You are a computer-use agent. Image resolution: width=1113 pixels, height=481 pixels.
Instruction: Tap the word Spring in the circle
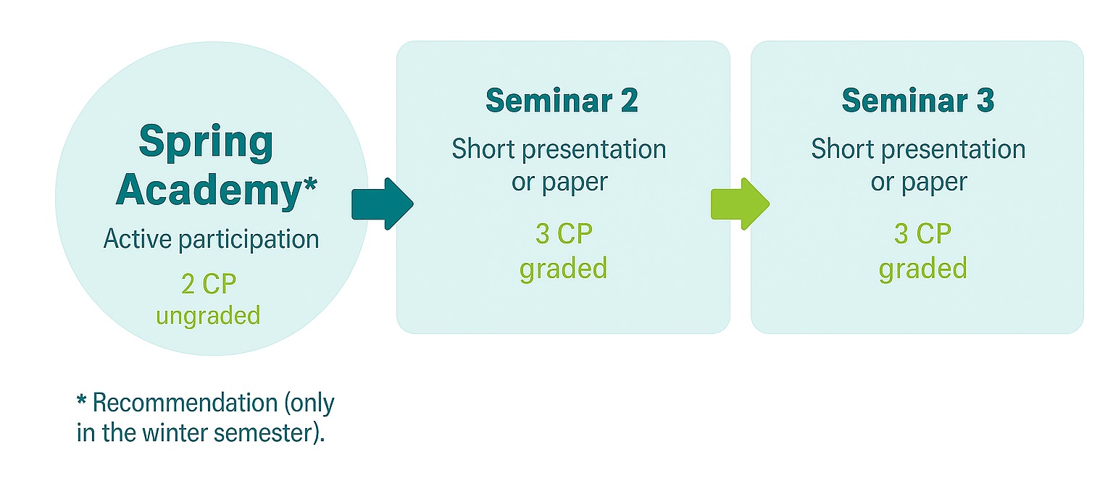207,143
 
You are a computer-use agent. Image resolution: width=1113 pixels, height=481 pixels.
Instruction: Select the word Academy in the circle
207,190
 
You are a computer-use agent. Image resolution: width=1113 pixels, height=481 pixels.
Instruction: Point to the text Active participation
211,239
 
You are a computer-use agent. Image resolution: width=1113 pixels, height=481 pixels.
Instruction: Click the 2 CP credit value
209,285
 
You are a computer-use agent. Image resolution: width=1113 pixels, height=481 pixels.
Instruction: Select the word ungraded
208,316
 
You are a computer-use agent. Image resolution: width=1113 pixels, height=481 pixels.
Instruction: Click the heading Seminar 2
562,100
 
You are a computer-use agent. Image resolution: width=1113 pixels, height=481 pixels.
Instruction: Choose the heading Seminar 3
917,100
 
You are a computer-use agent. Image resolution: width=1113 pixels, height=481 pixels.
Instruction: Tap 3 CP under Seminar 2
564,234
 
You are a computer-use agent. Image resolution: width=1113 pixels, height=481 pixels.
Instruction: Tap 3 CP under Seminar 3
922,234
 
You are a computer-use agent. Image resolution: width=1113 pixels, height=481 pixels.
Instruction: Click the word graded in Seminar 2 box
563,269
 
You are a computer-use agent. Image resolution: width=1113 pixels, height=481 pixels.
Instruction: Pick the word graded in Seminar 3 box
922,269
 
